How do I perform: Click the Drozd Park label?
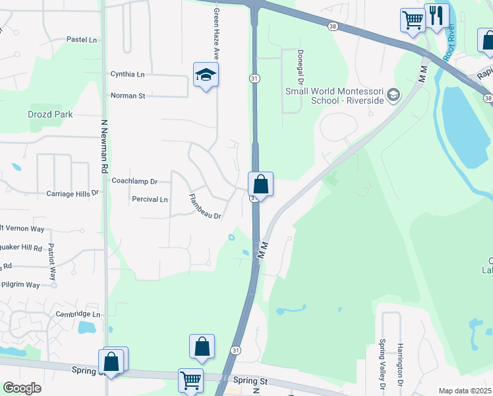[x=50, y=114]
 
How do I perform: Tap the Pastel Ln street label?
[x=82, y=40]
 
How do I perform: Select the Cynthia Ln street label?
[x=127, y=74]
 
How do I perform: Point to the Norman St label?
[x=127, y=96]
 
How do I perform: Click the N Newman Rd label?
[x=104, y=146]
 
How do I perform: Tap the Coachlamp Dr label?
[x=135, y=181]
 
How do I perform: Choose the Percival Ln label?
[x=150, y=199]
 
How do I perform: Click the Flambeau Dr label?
[x=204, y=207]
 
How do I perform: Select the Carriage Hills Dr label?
[x=72, y=193]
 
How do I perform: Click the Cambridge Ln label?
[x=78, y=314]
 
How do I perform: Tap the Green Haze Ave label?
[x=216, y=34]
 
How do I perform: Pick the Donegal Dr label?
[x=300, y=67]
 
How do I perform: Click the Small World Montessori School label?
[x=334, y=96]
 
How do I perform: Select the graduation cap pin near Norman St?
[x=206, y=75]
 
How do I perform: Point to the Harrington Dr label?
[x=399, y=364]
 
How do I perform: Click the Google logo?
[x=22, y=388]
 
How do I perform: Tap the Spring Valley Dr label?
[x=382, y=362]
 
